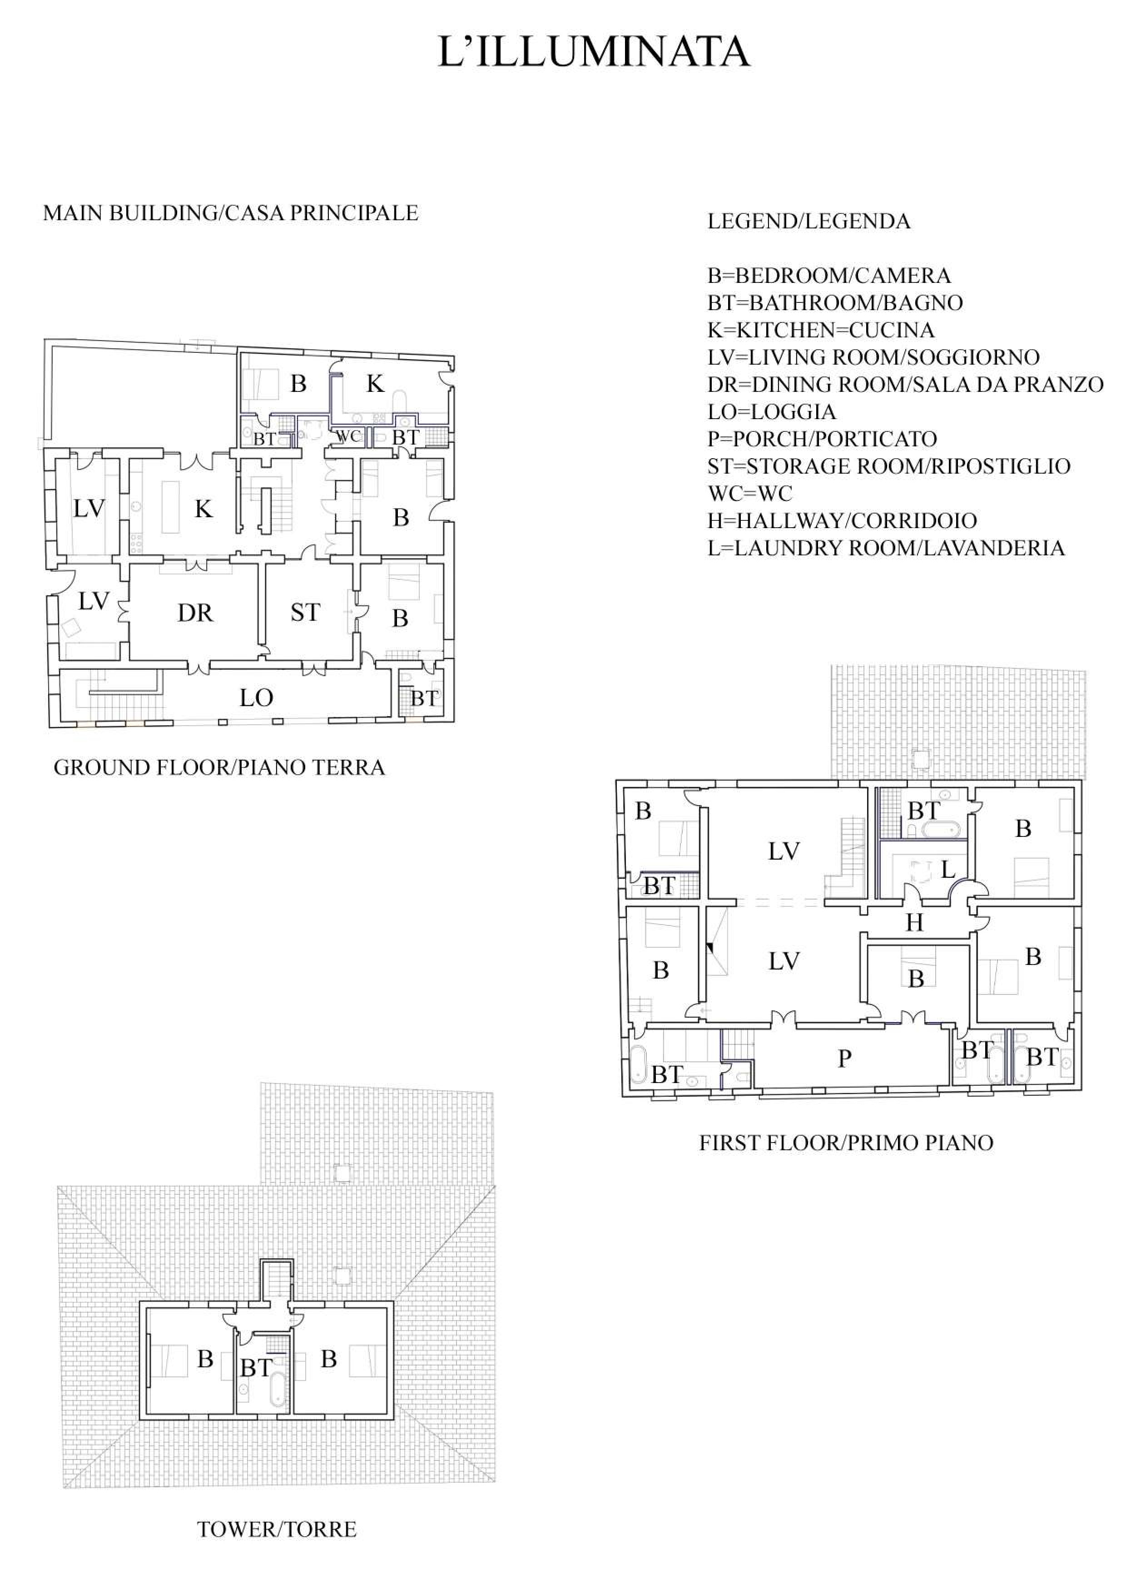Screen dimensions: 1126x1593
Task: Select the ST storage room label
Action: (x=305, y=612)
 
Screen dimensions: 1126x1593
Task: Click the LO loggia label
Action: (x=256, y=698)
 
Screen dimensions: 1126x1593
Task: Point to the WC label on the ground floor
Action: (x=348, y=436)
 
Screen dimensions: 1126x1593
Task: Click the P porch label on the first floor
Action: (x=844, y=1058)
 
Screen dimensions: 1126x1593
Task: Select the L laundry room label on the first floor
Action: (x=947, y=869)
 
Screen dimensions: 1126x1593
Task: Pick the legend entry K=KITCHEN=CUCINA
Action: (x=821, y=330)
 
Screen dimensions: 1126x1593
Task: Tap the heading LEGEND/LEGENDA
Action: (x=809, y=221)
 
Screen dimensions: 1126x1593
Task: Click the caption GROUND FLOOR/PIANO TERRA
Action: (x=219, y=767)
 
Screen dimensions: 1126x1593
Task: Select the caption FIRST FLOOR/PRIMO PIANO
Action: (x=846, y=1143)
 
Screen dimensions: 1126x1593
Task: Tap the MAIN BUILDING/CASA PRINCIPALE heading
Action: (x=231, y=213)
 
